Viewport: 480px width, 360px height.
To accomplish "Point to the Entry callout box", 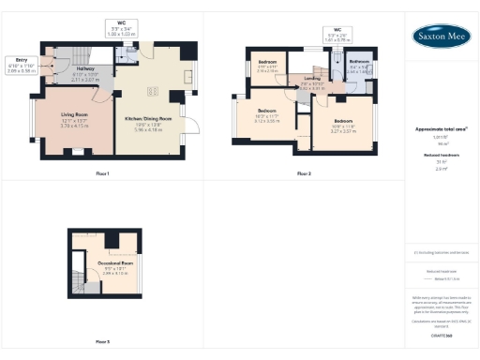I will pyautogui.click(x=21, y=67).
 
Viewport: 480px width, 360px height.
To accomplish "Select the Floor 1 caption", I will pyautogui.click(x=103, y=173).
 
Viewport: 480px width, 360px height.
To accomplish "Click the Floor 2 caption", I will pyautogui.click(x=303, y=173).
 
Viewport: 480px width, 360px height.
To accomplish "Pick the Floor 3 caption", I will pyautogui.click(x=103, y=341).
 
